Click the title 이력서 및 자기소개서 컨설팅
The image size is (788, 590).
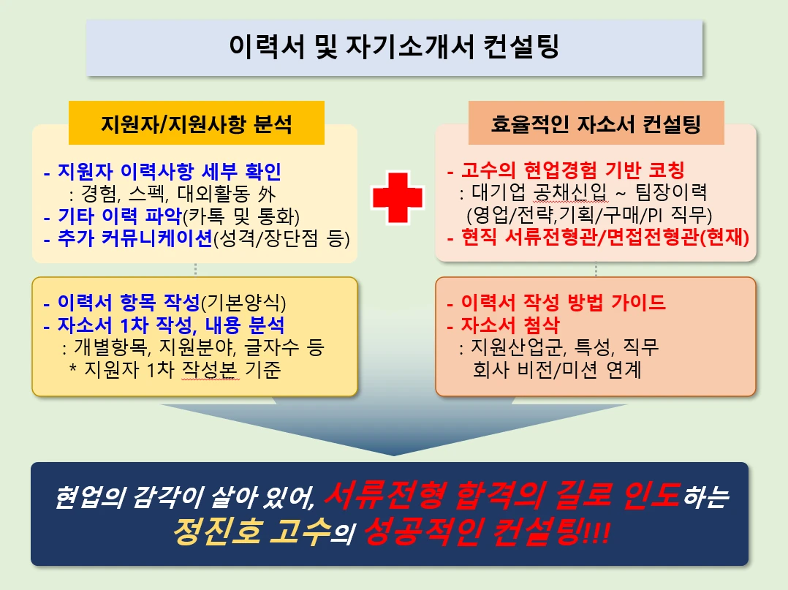tap(394, 48)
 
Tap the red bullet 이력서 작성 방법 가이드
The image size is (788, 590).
tap(563, 303)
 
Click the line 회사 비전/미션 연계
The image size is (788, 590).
tap(557, 369)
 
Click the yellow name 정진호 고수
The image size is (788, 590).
tap(248, 536)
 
